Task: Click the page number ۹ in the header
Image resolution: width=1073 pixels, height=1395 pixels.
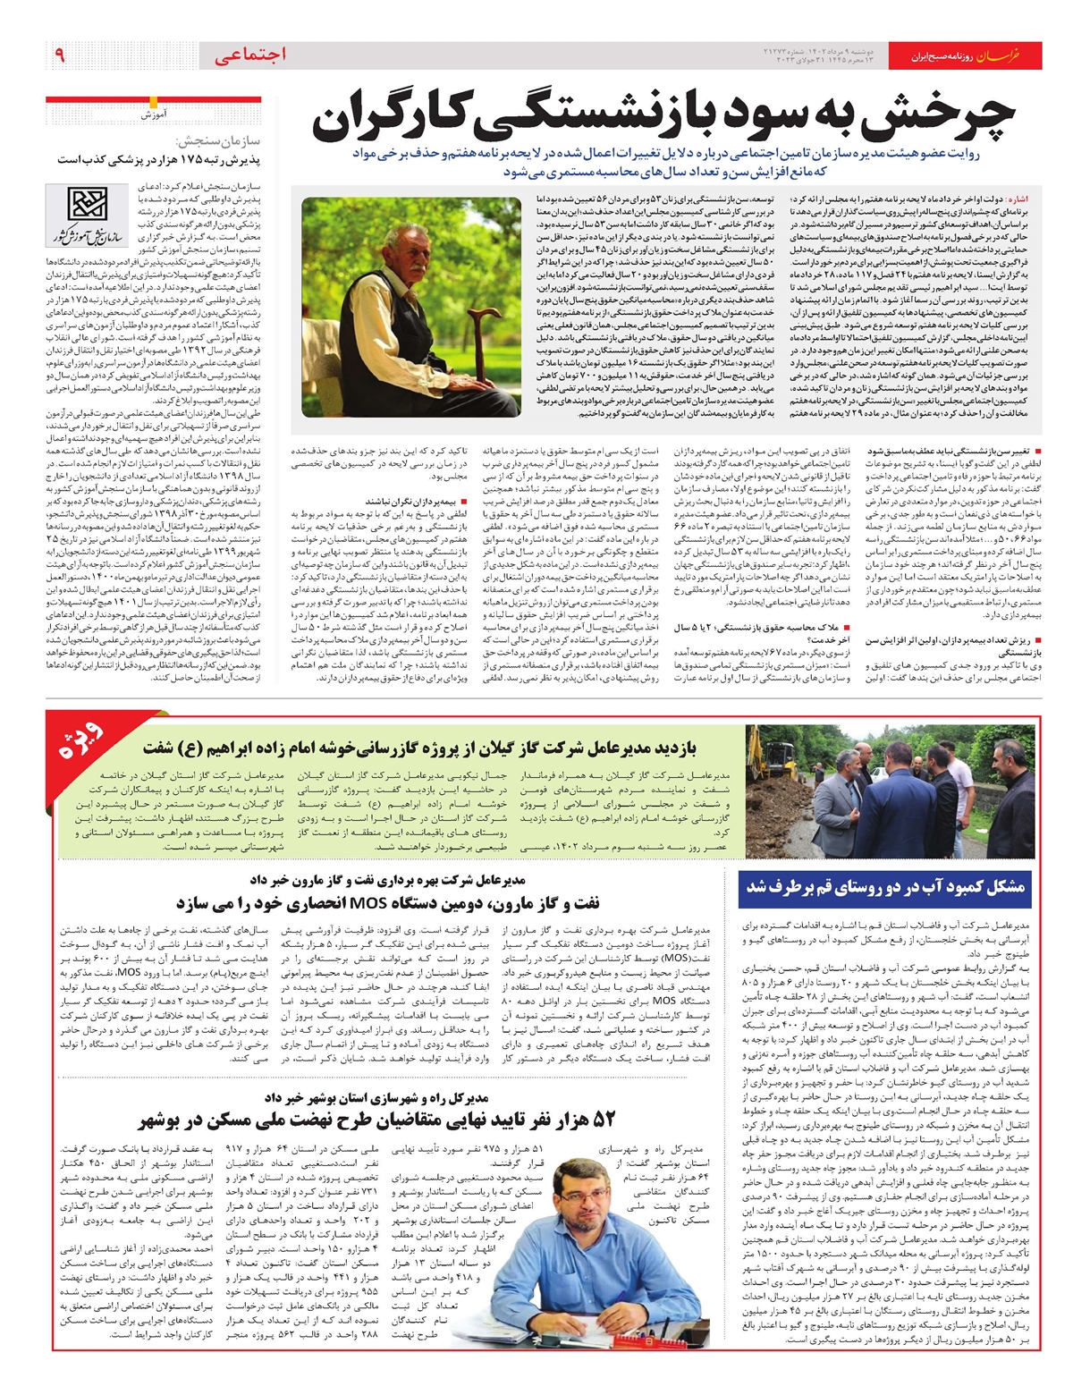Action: click(60, 55)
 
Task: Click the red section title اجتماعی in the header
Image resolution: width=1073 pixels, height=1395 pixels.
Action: click(251, 55)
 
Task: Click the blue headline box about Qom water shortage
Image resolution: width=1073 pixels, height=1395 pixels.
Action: click(886, 887)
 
